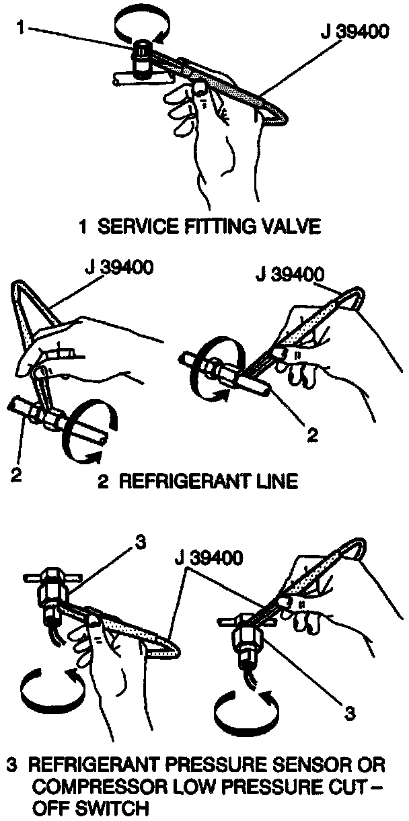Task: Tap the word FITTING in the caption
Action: click(x=213, y=226)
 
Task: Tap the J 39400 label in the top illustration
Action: click(x=354, y=32)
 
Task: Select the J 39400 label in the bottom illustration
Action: click(x=209, y=558)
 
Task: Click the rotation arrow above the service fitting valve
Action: click(x=143, y=26)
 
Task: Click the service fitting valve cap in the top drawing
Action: click(x=143, y=56)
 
